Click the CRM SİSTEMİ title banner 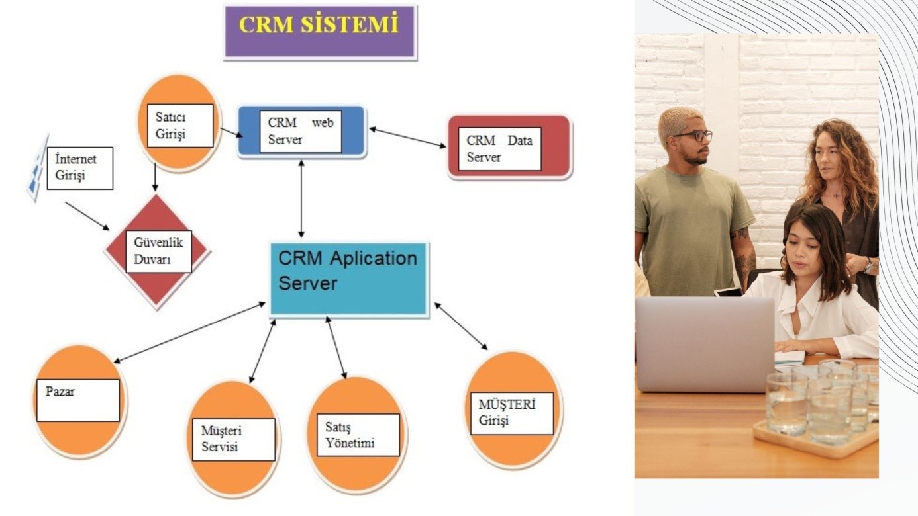[x=320, y=32]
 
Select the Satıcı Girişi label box [x=176, y=125]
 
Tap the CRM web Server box [x=301, y=132]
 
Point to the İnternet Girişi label [x=79, y=168]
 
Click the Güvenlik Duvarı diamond [x=157, y=251]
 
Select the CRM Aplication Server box [x=348, y=279]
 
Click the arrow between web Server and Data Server [x=407, y=138]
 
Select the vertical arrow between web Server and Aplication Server [x=302, y=198]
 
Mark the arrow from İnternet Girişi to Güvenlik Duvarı [x=87, y=216]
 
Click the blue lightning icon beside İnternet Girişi [x=38, y=168]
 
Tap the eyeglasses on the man [x=693, y=135]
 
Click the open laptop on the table [x=705, y=343]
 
